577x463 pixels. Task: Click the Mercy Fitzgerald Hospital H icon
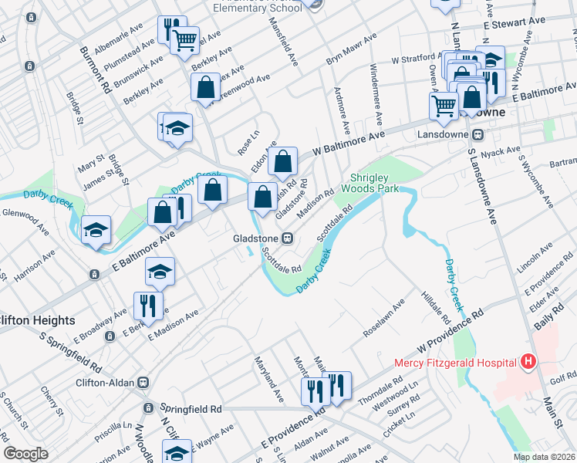coord(528,361)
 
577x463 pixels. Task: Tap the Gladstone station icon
coord(287,238)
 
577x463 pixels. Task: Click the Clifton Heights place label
coord(37,320)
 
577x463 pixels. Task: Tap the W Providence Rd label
coord(450,326)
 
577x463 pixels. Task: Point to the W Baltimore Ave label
coord(349,142)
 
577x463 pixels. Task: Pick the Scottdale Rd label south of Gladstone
coord(279,260)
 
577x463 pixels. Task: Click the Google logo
coord(25,454)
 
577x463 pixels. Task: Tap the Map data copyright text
coord(544,457)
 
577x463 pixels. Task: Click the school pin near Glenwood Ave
coord(96,229)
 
